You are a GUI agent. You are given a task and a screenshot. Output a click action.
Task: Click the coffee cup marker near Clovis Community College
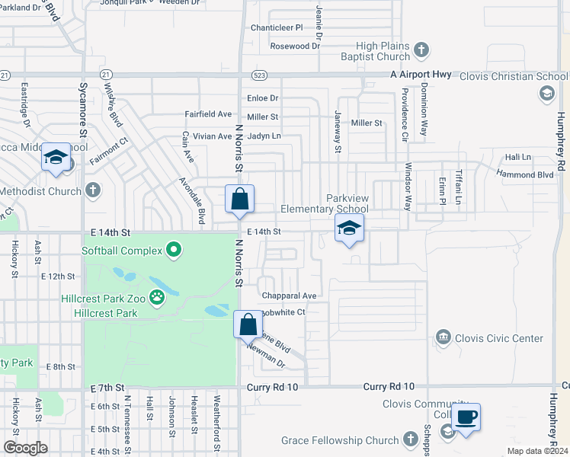pos(466,417)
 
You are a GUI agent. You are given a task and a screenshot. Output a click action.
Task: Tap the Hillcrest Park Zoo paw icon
pos(158,297)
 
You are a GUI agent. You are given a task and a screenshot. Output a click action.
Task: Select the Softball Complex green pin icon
pos(174,250)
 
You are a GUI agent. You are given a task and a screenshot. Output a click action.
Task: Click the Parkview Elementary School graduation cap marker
pos(349,228)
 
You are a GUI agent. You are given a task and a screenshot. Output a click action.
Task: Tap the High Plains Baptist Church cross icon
pos(422,51)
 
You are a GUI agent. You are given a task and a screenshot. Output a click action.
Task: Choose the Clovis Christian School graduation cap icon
pos(546,93)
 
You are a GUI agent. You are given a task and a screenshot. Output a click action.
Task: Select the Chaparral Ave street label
pos(289,296)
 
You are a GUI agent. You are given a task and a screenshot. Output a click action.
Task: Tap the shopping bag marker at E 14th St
pos(240,200)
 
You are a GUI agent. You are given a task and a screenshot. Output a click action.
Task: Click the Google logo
pos(25,448)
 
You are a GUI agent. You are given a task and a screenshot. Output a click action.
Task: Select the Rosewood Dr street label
pos(296,46)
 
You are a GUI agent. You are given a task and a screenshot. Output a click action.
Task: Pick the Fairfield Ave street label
pos(208,114)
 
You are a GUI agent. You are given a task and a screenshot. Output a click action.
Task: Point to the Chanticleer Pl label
pos(277,27)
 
